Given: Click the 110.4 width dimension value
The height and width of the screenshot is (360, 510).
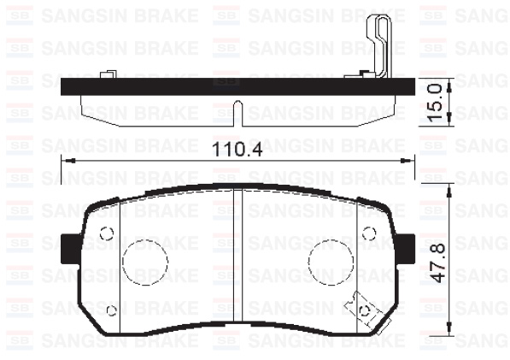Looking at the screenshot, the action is coord(237,150).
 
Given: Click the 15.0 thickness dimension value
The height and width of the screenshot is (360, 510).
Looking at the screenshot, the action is coord(435,102).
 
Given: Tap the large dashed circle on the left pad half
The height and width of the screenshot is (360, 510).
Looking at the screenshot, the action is coord(145,263).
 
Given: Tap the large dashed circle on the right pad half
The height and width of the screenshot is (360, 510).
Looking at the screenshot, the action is coord(331,263).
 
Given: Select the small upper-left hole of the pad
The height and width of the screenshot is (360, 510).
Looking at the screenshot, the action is coord(107,233).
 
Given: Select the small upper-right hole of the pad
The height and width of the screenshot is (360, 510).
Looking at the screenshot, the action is coord(369,233).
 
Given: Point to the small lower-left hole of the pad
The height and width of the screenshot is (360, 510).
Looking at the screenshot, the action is coord(112,310).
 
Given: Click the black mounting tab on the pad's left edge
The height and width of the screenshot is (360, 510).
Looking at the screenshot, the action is coord(70,249).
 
